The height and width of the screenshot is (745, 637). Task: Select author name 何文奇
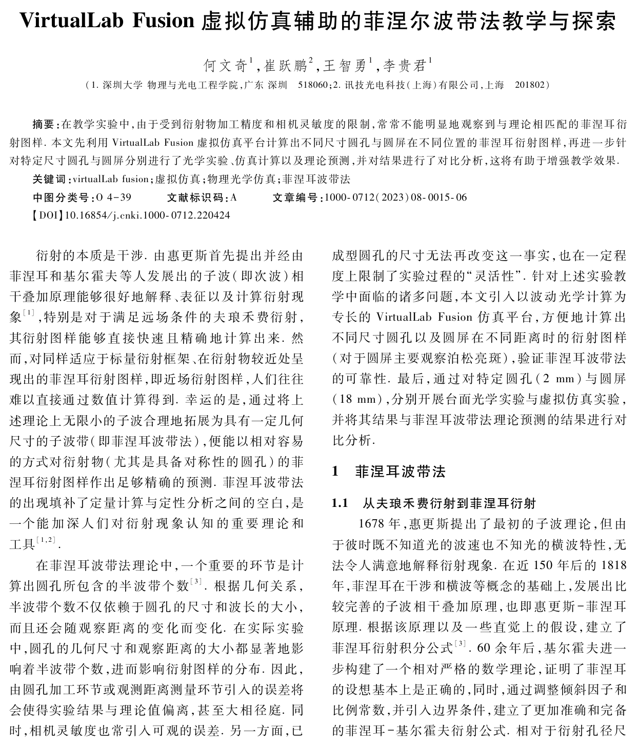[225, 66]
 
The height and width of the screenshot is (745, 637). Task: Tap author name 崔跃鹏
[285, 66]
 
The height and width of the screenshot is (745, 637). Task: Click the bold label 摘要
[44, 124]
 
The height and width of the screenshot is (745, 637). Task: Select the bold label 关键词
[49, 179]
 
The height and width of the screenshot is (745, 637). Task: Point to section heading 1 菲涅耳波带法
[389, 472]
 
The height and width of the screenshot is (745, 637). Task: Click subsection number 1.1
[340, 503]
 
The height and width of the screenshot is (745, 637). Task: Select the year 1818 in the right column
[613, 565]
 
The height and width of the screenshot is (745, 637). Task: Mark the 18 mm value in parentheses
[357, 400]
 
